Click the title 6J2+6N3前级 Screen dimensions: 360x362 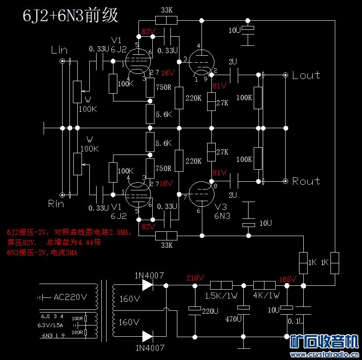70,16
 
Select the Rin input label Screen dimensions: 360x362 56,203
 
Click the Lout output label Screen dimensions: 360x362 306,75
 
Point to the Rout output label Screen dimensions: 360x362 306,181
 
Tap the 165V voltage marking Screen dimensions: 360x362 288,279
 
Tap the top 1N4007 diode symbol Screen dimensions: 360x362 148,285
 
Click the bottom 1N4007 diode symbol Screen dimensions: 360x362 148,336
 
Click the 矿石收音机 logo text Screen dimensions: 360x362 324,341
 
